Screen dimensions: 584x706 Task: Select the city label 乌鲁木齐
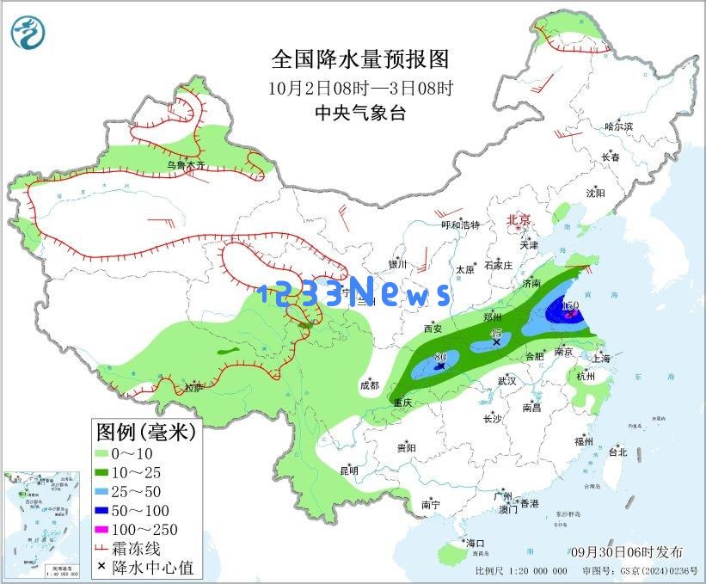point(186,164)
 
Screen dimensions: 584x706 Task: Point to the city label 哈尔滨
point(618,126)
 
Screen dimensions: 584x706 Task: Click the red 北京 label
point(520,219)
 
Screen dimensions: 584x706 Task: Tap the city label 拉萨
point(194,388)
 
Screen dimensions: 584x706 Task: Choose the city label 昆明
point(349,470)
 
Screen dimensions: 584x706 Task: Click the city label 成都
point(369,385)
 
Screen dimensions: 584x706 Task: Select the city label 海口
point(476,544)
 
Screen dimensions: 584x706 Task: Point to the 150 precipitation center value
point(569,305)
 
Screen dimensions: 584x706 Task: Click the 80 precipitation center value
point(439,356)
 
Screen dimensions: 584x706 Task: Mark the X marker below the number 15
point(496,341)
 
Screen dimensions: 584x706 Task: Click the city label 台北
point(617,452)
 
